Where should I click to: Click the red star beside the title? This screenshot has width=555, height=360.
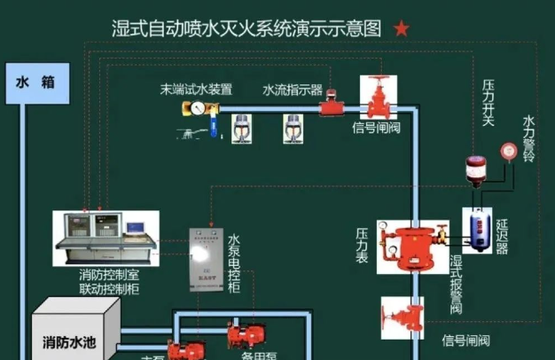402,29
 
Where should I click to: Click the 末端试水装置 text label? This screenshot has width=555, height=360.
196,90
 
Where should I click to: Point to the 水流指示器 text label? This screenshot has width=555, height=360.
292,90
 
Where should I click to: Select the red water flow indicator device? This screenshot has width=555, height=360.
332,106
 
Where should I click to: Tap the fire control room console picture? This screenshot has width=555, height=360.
106,238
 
